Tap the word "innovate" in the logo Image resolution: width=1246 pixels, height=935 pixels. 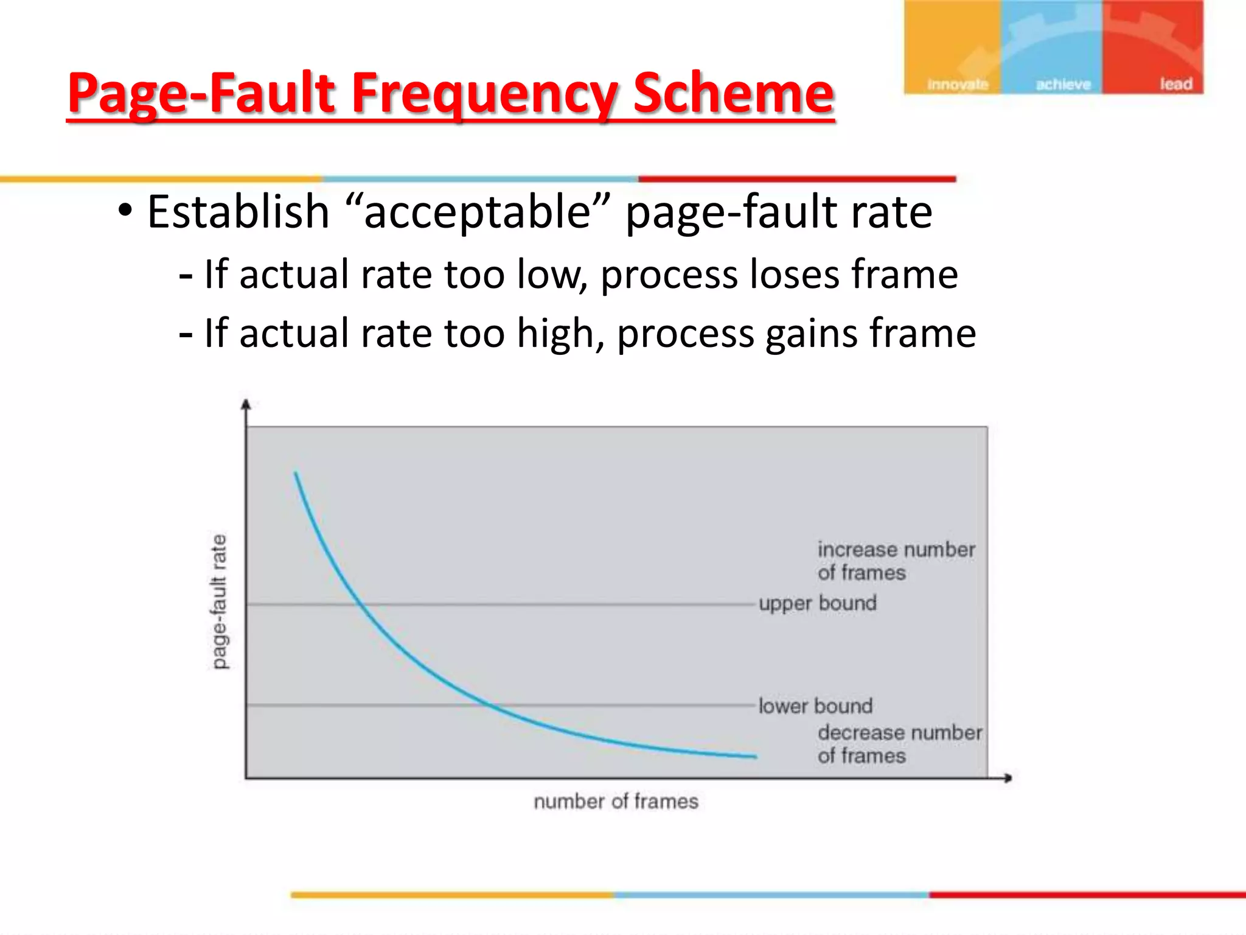click(x=957, y=85)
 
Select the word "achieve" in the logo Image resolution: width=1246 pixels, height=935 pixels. click(x=1063, y=85)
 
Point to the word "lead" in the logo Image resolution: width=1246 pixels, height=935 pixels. click(x=1175, y=84)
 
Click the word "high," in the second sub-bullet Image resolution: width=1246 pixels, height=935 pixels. click(x=560, y=334)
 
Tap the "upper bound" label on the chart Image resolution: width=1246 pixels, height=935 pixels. click(x=817, y=603)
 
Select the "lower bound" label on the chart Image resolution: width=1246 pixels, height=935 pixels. click(x=815, y=706)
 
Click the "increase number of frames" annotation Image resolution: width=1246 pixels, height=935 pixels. click(x=895, y=561)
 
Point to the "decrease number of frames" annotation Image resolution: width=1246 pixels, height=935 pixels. click(x=899, y=744)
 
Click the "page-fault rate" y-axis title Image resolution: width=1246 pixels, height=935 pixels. click(x=218, y=601)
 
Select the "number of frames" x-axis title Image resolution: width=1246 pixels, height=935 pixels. click(x=616, y=801)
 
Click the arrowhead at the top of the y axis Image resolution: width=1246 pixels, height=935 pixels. click(x=246, y=404)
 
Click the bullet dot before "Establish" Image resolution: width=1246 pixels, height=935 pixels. click(x=125, y=211)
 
